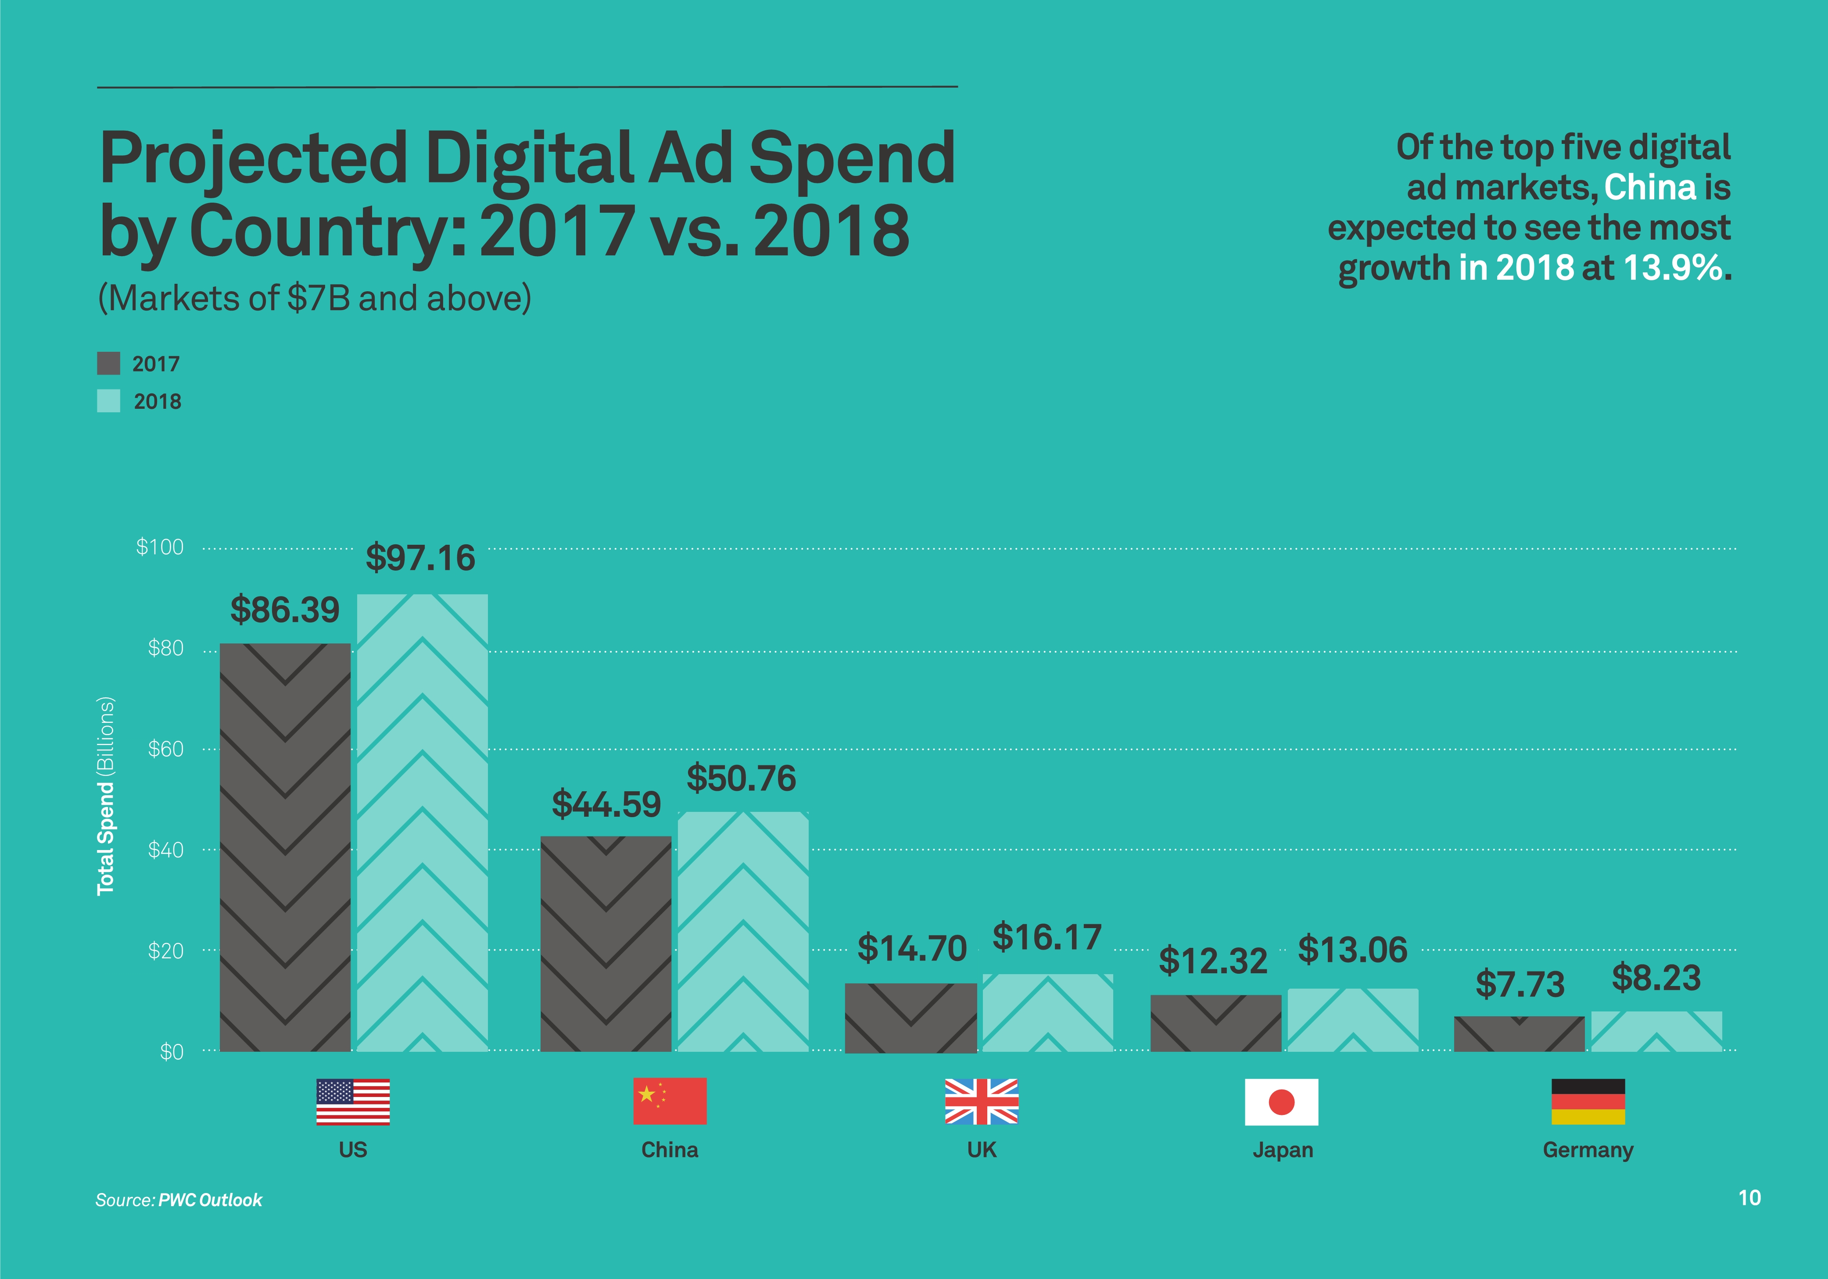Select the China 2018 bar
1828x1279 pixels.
point(743,931)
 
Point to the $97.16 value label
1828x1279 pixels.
point(420,558)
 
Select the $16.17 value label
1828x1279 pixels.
point(1047,938)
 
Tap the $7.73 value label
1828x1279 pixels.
point(1520,985)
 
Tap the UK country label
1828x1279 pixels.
point(982,1150)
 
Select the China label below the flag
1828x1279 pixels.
point(670,1150)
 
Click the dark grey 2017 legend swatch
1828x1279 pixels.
point(108,364)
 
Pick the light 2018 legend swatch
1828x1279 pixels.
point(108,401)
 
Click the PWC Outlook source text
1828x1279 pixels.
point(210,1200)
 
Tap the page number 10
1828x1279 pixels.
point(1749,1198)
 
